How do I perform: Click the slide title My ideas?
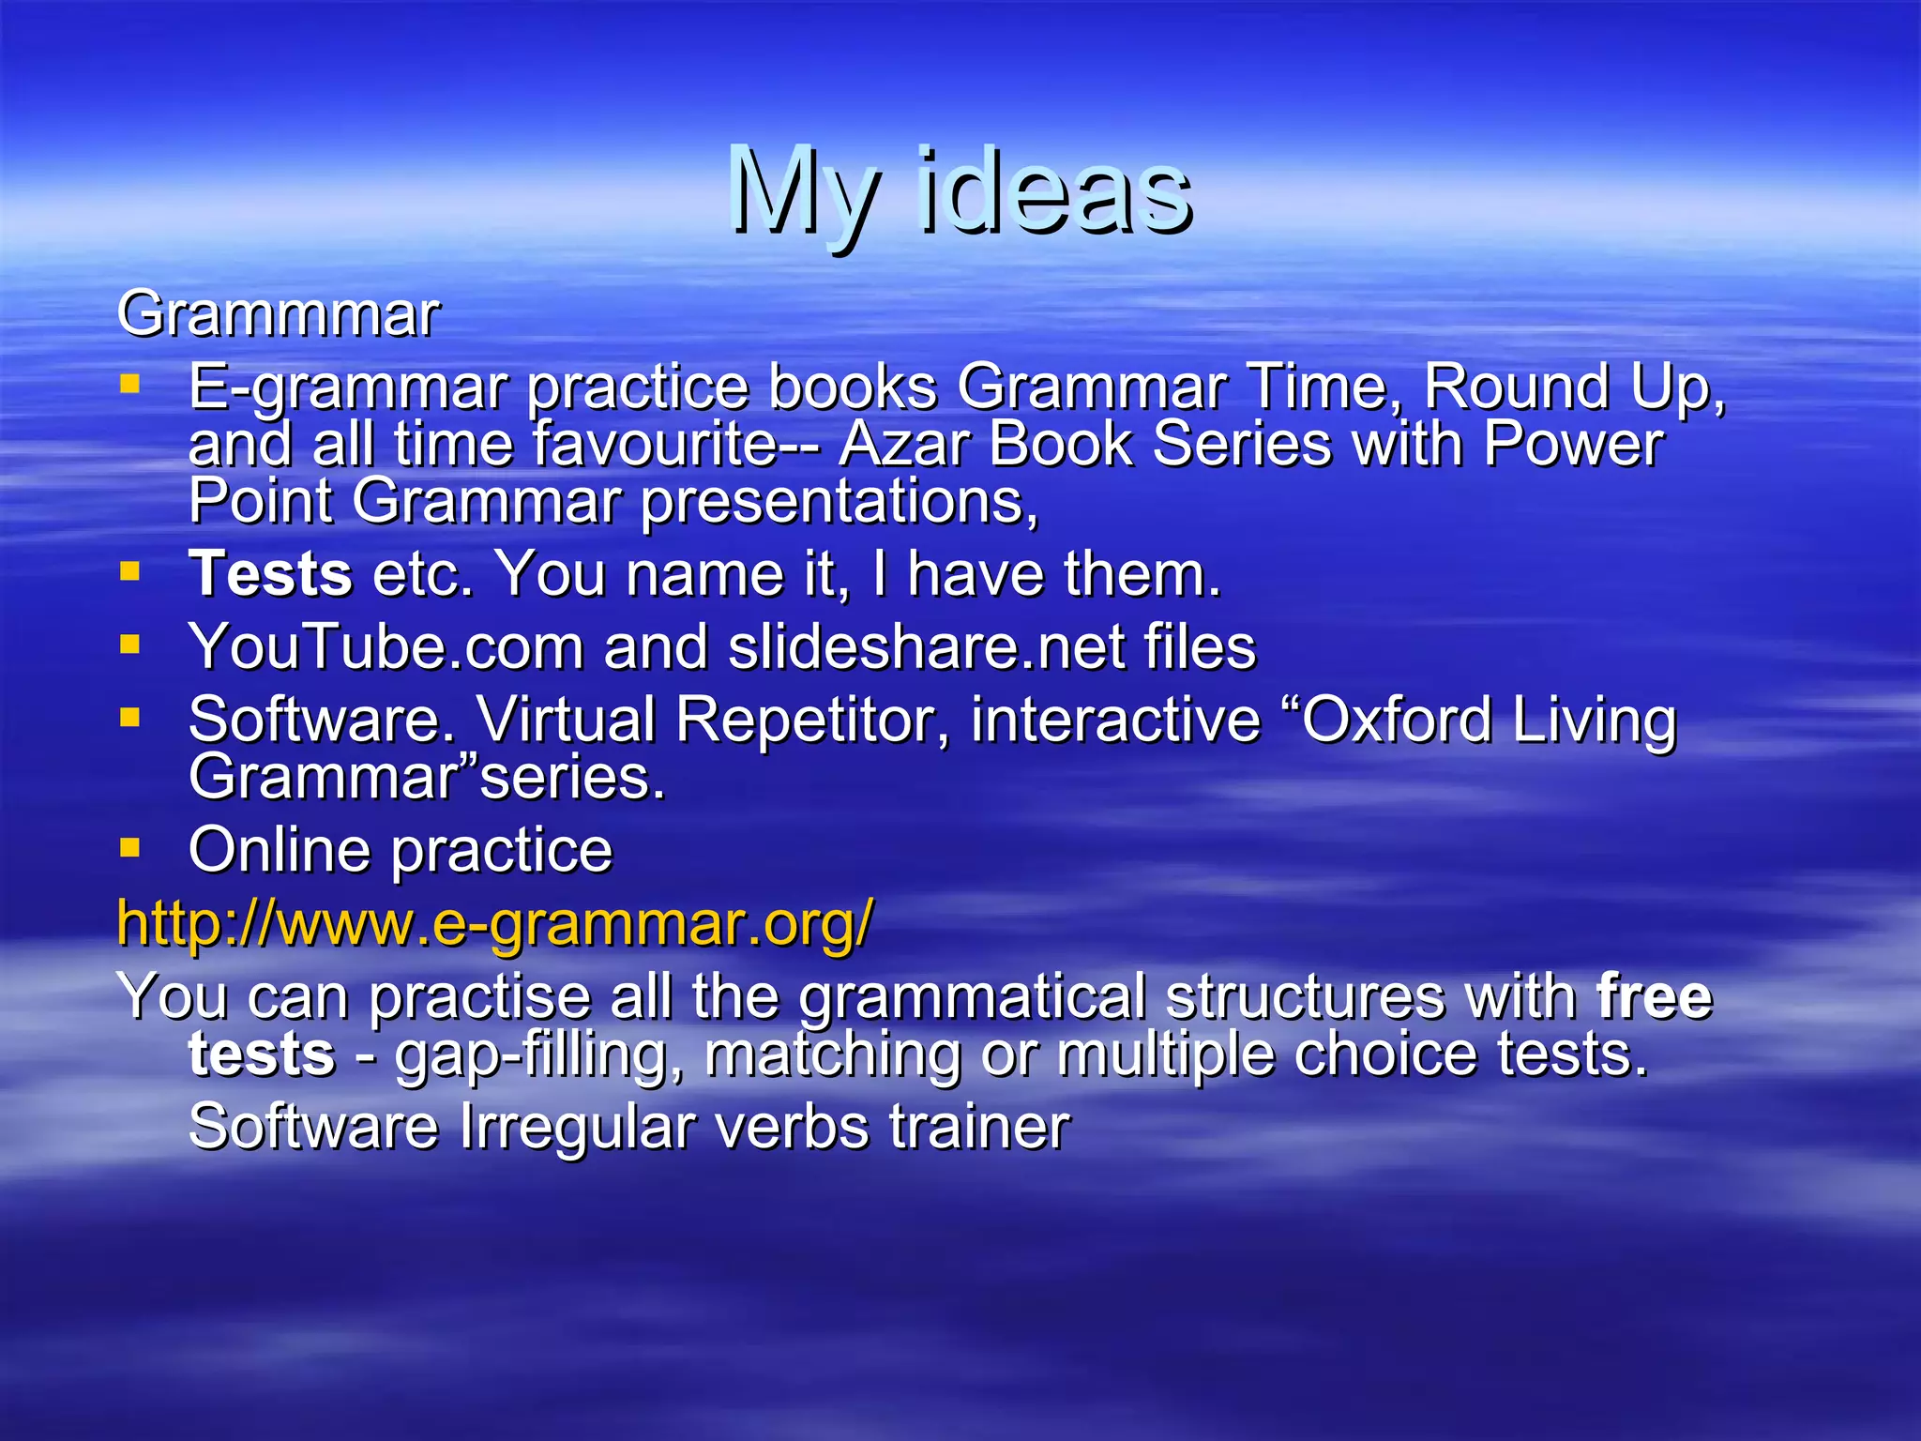(x=960, y=192)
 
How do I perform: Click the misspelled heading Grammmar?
(x=278, y=313)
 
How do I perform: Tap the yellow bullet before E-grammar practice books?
(x=129, y=384)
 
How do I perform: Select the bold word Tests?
(x=270, y=573)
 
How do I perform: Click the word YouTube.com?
(x=386, y=646)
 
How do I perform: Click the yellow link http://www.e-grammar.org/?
(x=494, y=922)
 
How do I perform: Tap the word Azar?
(x=902, y=444)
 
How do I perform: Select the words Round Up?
(x=1572, y=387)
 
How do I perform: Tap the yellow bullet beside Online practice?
(x=129, y=848)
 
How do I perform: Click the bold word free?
(x=1655, y=996)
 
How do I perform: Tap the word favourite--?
(x=675, y=444)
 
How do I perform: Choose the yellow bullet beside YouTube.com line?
(x=129, y=645)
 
